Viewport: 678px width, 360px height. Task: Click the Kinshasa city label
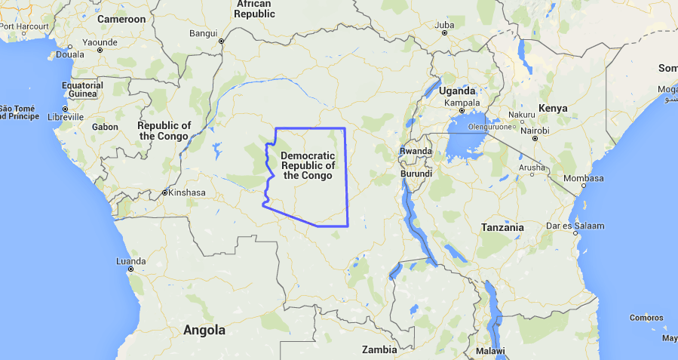coord(187,192)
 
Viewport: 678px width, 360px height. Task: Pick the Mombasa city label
coord(584,178)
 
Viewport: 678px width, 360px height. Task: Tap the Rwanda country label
coord(416,151)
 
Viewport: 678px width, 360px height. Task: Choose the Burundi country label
coord(416,174)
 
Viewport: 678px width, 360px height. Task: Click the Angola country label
coord(204,330)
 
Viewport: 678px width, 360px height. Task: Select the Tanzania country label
coord(502,227)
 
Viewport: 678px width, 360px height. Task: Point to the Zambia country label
coord(379,349)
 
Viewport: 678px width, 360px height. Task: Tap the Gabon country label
coord(105,127)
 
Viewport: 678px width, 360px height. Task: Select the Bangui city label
coord(203,33)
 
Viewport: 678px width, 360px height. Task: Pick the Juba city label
coord(444,25)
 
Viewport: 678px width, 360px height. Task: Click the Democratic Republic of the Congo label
coord(308,165)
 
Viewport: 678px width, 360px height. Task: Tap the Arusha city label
coord(532,168)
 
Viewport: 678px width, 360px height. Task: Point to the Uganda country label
coord(457,91)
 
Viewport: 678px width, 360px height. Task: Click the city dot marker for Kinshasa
coord(164,193)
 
